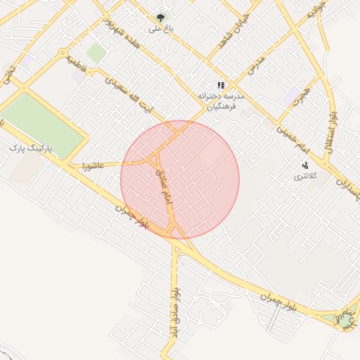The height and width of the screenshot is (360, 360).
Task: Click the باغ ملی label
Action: [x=155, y=30]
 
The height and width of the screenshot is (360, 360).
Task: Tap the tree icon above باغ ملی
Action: [x=160, y=17]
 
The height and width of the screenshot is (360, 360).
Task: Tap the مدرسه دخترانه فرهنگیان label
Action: [x=221, y=101]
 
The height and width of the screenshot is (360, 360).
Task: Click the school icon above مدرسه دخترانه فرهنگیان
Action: [x=221, y=85]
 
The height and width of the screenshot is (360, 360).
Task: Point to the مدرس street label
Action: [x=257, y=67]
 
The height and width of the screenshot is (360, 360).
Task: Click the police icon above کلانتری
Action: [x=305, y=165]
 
